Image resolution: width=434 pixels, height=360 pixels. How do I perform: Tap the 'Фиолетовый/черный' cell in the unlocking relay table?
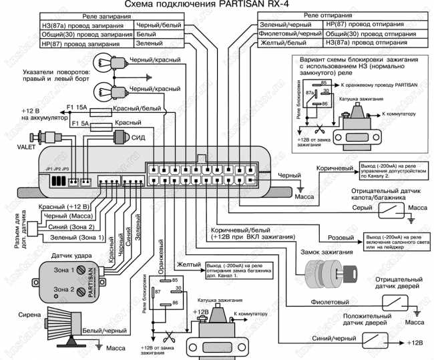280,31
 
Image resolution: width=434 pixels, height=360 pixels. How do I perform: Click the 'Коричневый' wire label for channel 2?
333,170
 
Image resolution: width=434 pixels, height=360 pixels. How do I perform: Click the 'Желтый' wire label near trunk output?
189,265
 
